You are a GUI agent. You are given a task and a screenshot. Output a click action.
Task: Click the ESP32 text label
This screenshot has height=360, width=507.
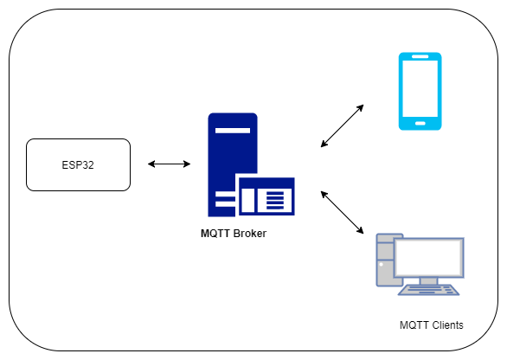click(x=78, y=165)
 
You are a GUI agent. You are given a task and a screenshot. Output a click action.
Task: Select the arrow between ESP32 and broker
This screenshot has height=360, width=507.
click(x=169, y=164)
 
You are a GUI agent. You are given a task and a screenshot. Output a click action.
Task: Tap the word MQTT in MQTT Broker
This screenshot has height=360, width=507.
click(x=215, y=233)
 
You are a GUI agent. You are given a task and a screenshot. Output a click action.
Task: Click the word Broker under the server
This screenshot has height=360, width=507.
click(x=250, y=233)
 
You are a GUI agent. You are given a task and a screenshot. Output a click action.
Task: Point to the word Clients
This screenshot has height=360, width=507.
click(x=447, y=325)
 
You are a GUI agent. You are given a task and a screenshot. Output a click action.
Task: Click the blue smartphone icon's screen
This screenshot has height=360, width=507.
click(x=420, y=88)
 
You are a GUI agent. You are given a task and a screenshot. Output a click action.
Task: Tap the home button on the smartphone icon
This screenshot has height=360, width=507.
click(x=420, y=123)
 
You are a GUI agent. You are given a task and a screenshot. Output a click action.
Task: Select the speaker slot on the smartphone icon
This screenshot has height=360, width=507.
click(x=420, y=56)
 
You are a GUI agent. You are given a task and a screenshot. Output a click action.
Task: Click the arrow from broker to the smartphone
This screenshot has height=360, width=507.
click(x=342, y=125)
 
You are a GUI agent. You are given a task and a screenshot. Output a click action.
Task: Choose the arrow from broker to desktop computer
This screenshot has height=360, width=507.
click(x=342, y=212)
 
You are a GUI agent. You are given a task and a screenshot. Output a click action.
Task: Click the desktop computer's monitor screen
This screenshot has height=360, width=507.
click(x=429, y=257)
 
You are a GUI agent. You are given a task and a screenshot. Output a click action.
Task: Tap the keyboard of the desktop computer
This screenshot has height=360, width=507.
click(x=429, y=290)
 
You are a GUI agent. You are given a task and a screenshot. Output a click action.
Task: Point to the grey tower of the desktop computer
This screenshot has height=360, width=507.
click(x=385, y=260)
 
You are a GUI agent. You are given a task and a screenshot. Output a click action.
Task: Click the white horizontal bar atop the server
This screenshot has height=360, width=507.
click(x=233, y=131)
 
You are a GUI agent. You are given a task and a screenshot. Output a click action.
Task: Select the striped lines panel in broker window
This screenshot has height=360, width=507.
click(x=275, y=201)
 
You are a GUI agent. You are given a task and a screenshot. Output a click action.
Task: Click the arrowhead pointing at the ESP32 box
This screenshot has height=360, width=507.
click(x=151, y=164)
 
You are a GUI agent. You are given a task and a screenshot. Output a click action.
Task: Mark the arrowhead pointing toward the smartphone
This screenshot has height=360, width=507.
click(x=360, y=108)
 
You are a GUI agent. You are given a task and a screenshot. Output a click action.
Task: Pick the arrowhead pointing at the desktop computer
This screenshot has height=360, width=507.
click(x=360, y=230)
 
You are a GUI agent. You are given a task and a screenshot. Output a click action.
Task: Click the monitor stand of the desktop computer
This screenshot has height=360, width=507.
click(x=428, y=281)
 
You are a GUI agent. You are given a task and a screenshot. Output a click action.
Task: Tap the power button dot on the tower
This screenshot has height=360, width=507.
click(x=381, y=264)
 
